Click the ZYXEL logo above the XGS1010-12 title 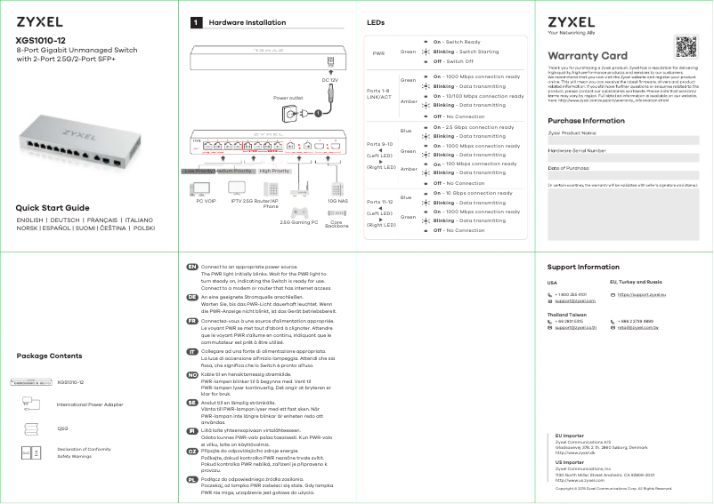tap(37, 20)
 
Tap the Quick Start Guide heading tap(59, 208)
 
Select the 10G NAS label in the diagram tap(337, 202)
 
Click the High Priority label tap(275, 170)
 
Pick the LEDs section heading tap(376, 21)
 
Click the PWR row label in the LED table tap(378, 52)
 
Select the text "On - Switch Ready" tap(457, 42)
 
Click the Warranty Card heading tap(588, 56)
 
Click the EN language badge tap(191, 267)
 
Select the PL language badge tap(191, 479)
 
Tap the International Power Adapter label tap(90, 404)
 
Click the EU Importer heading tap(570, 435)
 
